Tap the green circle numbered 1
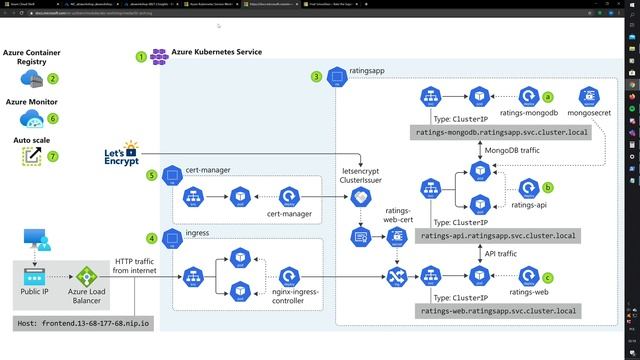(x=141, y=57)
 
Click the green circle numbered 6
(x=53, y=118)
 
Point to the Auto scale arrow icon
(x=33, y=155)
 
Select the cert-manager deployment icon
(x=290, y=196)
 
